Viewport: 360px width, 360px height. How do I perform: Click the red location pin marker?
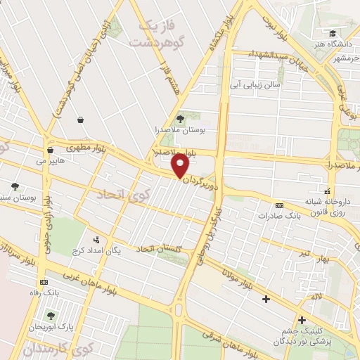coord(180,166)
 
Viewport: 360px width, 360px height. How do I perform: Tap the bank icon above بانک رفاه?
coord(43,281)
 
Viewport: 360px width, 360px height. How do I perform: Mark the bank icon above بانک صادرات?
coord(279,205)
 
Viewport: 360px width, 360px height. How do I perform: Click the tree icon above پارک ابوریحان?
coord(51,315)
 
